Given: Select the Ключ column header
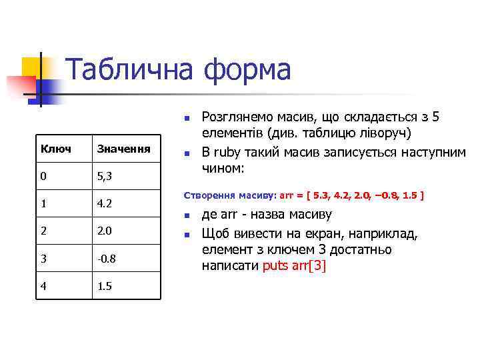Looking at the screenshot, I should point(56,148).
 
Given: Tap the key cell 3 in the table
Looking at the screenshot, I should point(44,257).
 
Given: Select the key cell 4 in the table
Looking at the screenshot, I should point(44,287).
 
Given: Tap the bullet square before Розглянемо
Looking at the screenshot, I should point(187,118).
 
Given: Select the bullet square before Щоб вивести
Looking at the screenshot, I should point(187,235).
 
